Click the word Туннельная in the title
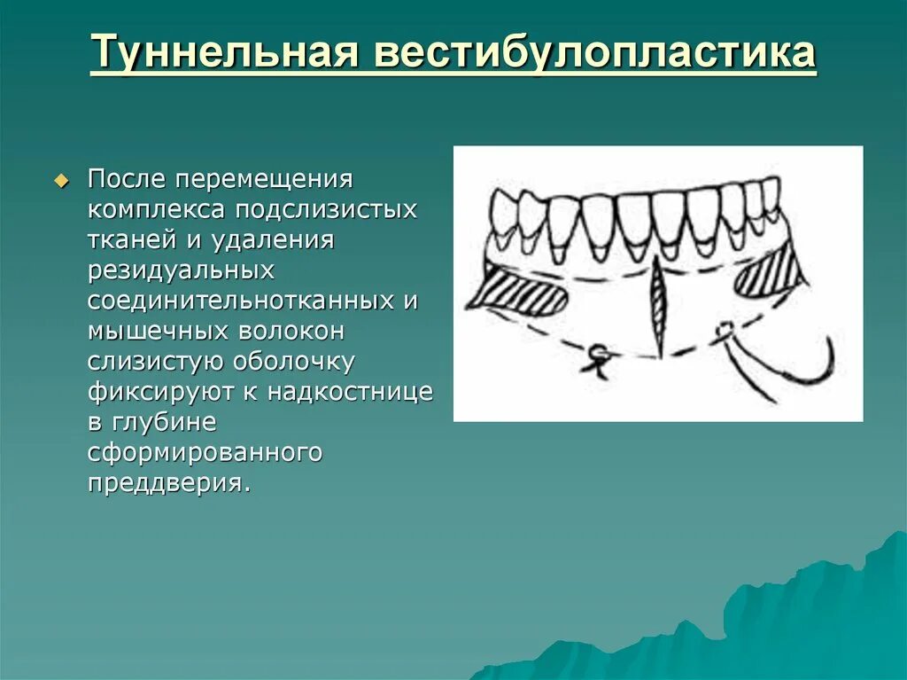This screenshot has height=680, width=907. tap(225, 53)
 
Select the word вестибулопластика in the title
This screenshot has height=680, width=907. tap(594, 53)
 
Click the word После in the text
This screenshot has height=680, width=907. tap(127, 180)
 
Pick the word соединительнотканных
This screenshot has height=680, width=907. tap(240, 301)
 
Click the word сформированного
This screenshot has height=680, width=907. tap(204, 453)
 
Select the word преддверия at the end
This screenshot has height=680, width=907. tap(164, 483)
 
